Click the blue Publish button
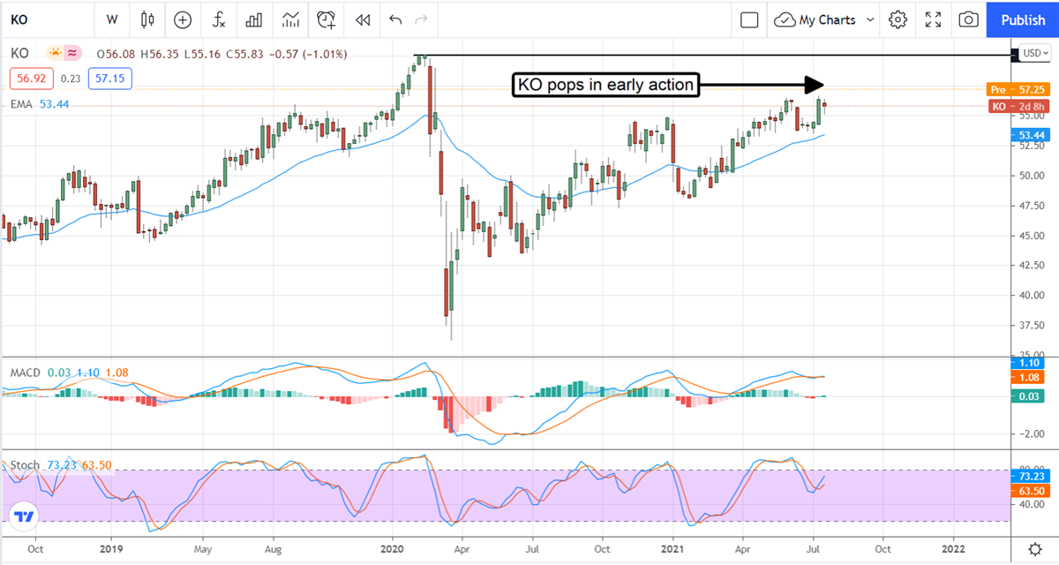point(1023,19)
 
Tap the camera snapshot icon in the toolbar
point(968,19)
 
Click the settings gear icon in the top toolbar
point(898,19)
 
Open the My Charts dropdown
point(824,19)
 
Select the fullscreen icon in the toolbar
point(933,19)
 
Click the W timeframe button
point(112,19)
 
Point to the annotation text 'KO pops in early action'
point(605,85)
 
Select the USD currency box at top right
point(1033,53)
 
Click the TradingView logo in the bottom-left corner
point(24,516)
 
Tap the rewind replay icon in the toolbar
point(362,19)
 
